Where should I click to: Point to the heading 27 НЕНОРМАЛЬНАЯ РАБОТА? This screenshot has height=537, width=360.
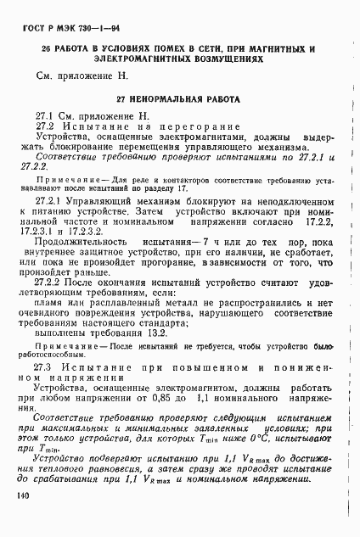(x=179, y=99)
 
